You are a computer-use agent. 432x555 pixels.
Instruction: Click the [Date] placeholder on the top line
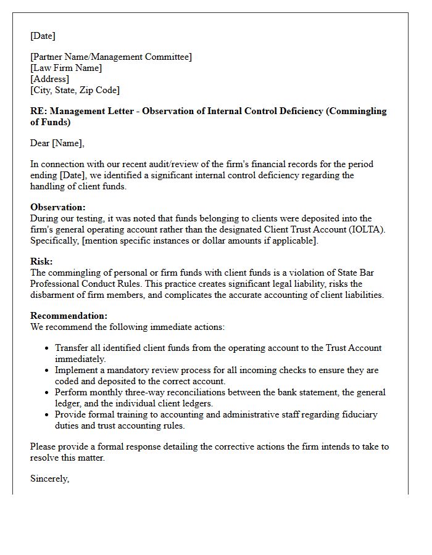(43, 36)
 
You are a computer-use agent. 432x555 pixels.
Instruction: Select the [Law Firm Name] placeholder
(66, 68)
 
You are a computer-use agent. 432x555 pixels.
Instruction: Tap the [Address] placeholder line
(49, 79)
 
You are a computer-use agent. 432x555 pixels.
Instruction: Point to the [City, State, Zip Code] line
(75, 90)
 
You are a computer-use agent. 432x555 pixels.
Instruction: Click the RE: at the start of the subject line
(38, 111)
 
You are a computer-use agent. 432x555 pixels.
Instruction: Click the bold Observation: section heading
(58, 207)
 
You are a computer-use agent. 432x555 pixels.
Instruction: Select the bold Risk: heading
(41, 261)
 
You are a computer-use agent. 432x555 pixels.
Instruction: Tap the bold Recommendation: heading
(69, 316)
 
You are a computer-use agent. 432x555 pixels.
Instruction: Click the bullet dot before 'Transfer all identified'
(48, 348)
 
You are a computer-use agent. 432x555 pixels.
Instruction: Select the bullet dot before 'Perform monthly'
(48, 393)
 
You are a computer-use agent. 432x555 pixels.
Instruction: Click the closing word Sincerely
(49, 479)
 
